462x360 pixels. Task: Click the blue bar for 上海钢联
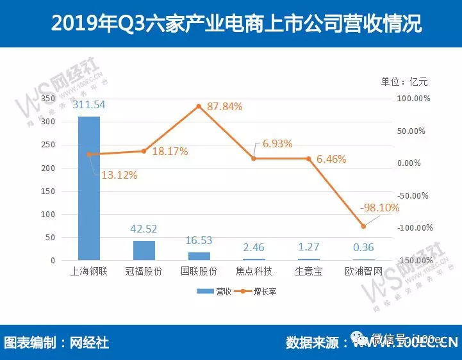point(89,188)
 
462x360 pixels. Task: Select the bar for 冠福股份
point(144,250)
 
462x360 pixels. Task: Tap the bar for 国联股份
point(199,256)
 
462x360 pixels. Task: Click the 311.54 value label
point(90,104)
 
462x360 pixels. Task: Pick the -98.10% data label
point(379,208)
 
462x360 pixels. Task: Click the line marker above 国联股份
point(199,106)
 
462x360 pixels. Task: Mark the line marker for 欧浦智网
point(363,226)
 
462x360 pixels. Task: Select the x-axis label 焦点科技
point(254,272)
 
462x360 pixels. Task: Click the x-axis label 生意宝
point(309,272)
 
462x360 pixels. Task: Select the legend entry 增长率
point(257,291)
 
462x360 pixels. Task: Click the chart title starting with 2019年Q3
point(236,24)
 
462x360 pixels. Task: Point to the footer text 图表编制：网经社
point(57,343)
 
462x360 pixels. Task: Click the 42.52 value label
point(144,229)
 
